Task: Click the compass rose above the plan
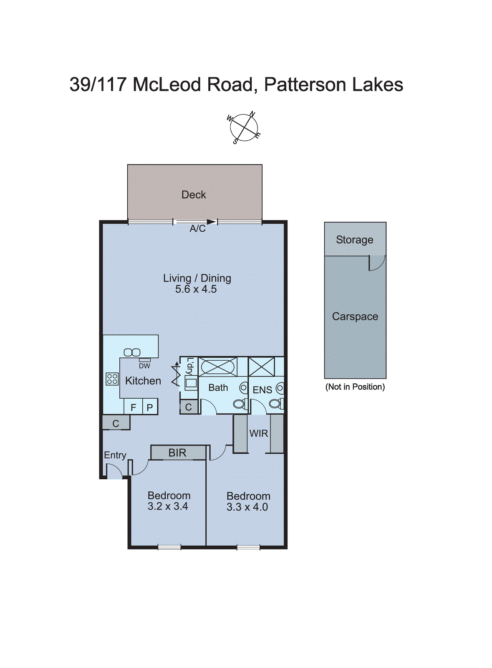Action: (x=244, y=127)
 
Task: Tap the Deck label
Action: (x=194, y=195)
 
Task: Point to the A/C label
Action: (x=197, y=229)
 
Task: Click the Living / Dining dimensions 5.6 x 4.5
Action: (x=196, y=289)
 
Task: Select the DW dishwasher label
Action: (x=144, y=366)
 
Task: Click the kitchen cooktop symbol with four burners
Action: (x=112, y=379)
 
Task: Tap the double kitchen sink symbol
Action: (x=132, y=352)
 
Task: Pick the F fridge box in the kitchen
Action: (x=134, y=407)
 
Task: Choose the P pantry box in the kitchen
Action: (x=150, y=407)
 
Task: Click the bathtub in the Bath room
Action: (x=218, y=367)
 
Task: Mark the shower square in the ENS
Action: (x=262, y=367)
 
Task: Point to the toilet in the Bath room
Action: (x=240, y=404)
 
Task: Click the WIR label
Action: (x=259, y=433)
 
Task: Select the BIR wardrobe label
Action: (x=177, y=453)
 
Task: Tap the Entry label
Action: (x=115, y=455)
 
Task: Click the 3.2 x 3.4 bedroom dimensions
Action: (x=168, y=506)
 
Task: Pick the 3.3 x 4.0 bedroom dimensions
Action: (x=247, y=507)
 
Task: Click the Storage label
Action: (x=355, y=240)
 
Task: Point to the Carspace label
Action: (x=355, y=316)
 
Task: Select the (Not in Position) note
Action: (x=355, y=387)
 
